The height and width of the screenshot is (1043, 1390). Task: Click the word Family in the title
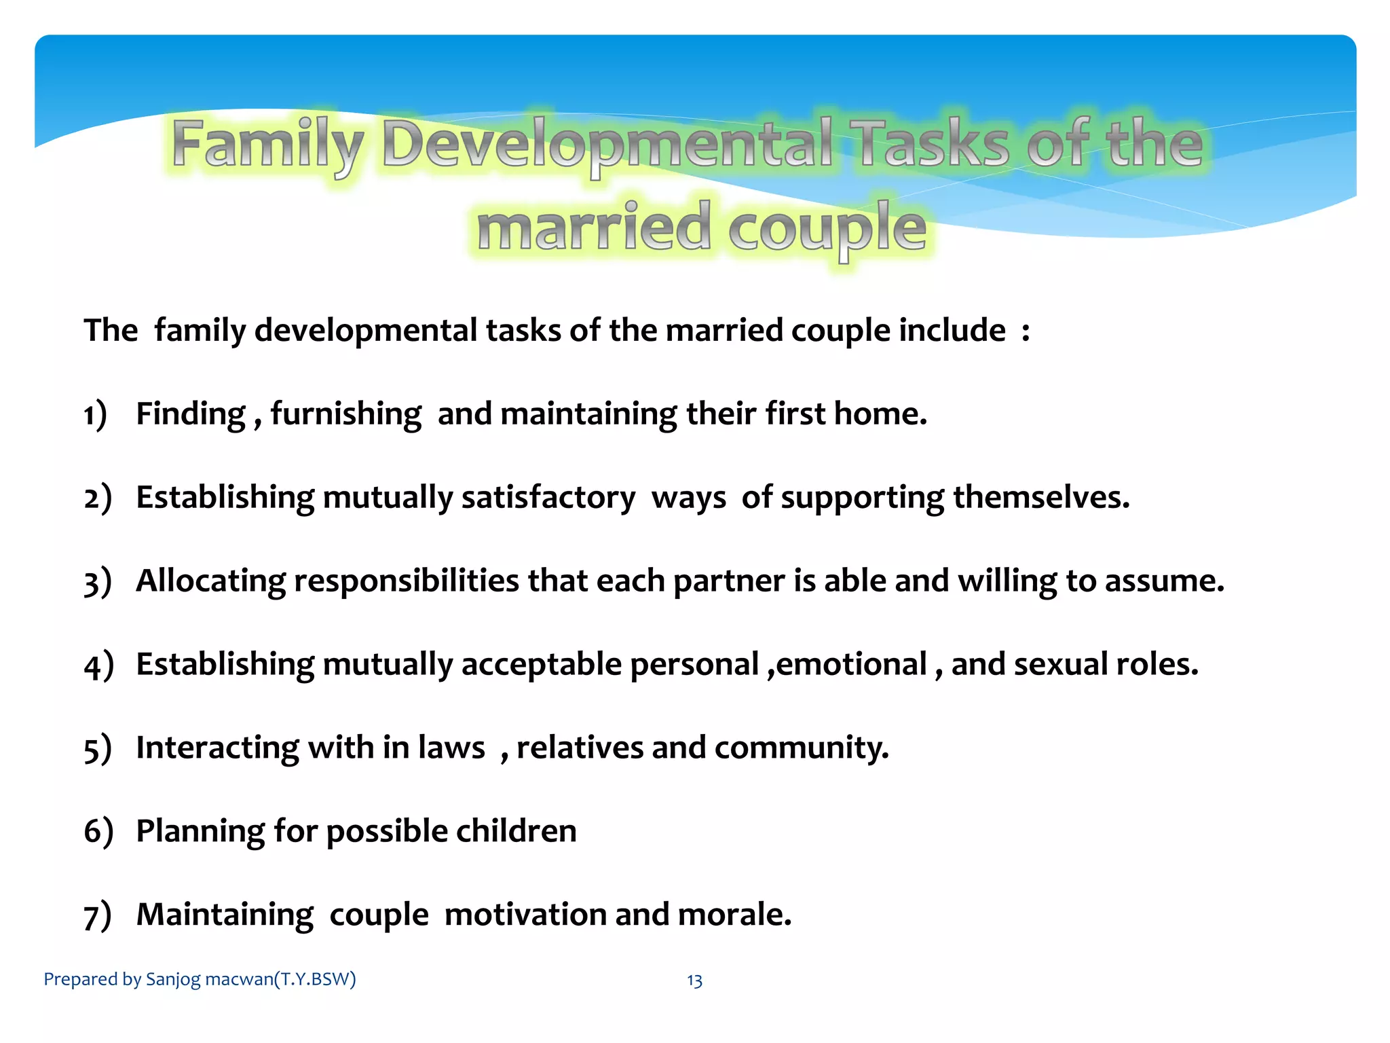pyautogui.click(x=267, y=144)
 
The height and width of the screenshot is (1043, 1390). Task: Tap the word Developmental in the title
pyautogui.click(x=607, y=144)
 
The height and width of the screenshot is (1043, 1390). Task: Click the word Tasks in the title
pyautogui.click(x=933, y=144)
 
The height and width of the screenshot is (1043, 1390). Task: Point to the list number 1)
pyautogui.click(x=96, y=414)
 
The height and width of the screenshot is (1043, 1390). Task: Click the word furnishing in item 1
pyautogui.click(x=345, y=414)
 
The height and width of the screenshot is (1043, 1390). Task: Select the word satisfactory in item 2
pyautogui.click(x=548, y=498)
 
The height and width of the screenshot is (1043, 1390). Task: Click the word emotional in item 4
pyautogui.click(x=851, y=665)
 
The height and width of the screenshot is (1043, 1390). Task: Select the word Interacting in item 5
pyautogui.click(x=217, y=748)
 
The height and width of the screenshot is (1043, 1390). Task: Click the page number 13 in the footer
pyautogui.click(x=694, y=981)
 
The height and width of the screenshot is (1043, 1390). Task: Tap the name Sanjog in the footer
pyautogui.click(x=173, y=980)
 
